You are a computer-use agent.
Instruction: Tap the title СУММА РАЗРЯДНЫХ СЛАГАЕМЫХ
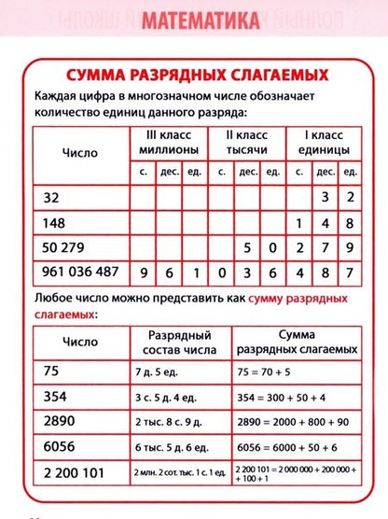tap(193, 74)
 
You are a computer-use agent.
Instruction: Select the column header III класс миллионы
tap(168, 141)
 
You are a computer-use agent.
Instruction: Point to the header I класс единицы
tap(322, 141)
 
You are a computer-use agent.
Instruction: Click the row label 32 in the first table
tap(50, 197)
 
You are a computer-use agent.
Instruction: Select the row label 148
tap(54, 223)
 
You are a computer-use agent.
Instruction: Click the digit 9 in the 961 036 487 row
tap(144, 273)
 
